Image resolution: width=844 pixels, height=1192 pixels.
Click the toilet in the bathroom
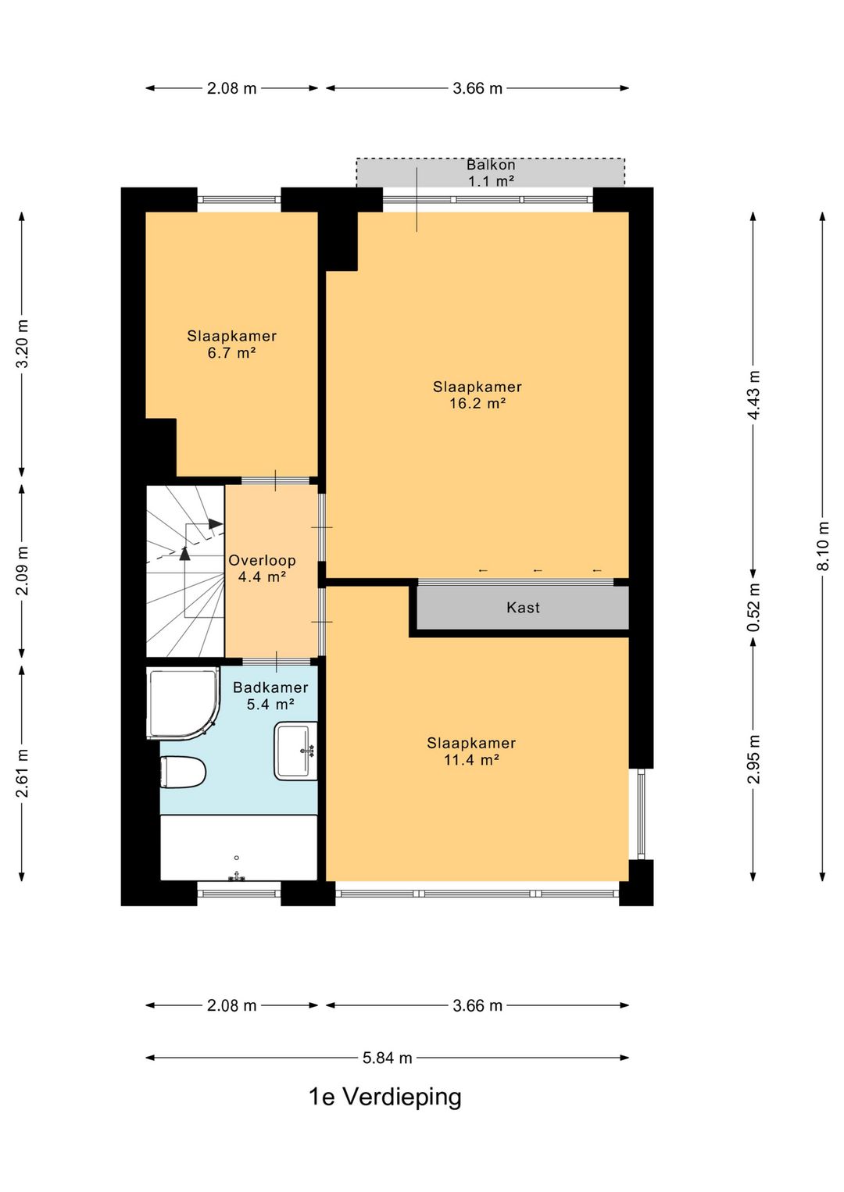pyautogui.click(x=183, y=773)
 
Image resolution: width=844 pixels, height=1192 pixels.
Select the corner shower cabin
pyautogui.click(x=183, y=702)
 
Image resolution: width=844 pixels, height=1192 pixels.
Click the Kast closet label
pyautogui.click(x=523, y=608)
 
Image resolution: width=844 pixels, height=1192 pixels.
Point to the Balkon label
pyautogui.click(x=491, y=165)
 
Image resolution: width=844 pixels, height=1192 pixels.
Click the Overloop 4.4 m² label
pyautogui.click(x=262, y=568)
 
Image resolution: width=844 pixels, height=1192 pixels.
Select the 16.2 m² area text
pyautogui.click(x=477, y=403)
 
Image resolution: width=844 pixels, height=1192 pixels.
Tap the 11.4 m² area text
pyautogui.click(x=471, y=760)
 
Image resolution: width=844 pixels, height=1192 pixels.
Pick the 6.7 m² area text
pyautogui.click(x=231, y=352)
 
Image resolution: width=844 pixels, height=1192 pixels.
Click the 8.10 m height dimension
pyautogui.click(x=823, y=546)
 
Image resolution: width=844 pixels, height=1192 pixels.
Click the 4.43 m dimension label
pyautogui.click(x=753, y=394)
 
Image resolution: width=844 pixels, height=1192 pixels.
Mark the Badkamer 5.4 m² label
pyautogui.click(x=270, y=695)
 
